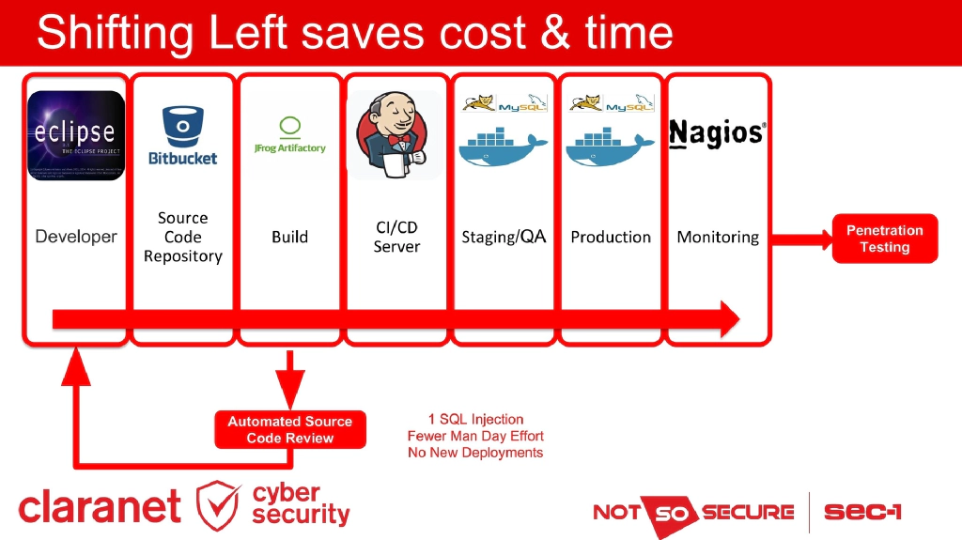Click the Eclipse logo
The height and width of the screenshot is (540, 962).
tap(76, 135)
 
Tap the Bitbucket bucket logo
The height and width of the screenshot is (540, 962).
tap(182, 135)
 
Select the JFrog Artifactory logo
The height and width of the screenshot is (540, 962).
tap(289, 136)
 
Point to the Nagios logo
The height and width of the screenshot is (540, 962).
tap(717, 134)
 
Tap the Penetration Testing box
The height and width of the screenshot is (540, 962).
tap(884, 239)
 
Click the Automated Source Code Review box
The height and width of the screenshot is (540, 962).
tap(289, 430)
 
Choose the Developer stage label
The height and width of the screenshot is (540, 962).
tap(76, 237)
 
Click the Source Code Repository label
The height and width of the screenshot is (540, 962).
tap(182, 237)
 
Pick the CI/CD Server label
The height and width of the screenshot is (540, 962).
tap(396, 237)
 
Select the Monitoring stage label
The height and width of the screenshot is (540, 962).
tap(718, 237)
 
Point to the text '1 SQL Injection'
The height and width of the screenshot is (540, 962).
tap(475, 419)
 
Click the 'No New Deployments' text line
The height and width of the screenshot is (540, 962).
tap(475, 453)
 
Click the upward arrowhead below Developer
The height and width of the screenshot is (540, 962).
tap(76, 368)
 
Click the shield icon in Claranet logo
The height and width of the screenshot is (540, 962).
tap(218, 505)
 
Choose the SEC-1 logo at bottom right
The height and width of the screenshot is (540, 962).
tap(862, 512)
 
